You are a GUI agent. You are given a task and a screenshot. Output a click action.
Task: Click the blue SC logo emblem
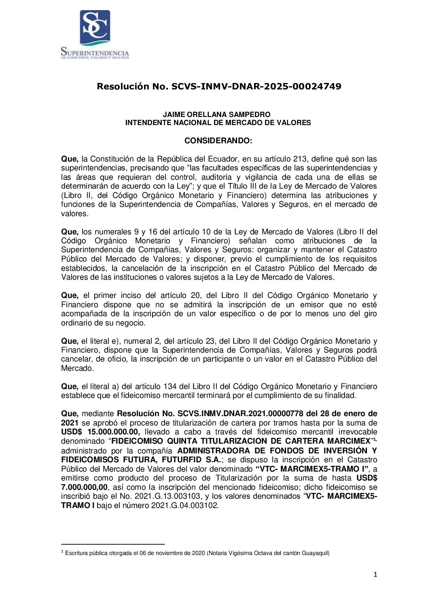pyautogui.click(x=95, y=27)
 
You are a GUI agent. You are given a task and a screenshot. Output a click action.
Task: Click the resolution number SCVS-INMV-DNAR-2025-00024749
pyautogui.click(x=256, y=86)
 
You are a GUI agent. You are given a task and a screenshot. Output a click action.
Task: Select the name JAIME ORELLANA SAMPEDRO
pyautogui.click(x=216, y=115)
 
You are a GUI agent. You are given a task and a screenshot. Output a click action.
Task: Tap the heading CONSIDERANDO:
pyautogui.click(x=218, y=141)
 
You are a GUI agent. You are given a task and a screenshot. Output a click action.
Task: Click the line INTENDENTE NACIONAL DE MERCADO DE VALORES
pyautogui.click(x=218, y=123)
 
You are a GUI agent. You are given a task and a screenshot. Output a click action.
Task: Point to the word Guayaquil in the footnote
pyautogui.click(x=315, y=553)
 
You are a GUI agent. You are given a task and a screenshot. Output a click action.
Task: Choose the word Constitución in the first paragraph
pyautogui.click(x=110, y=159)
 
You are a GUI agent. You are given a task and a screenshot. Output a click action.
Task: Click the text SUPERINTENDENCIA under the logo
pyautogui.click(x=95, y=53)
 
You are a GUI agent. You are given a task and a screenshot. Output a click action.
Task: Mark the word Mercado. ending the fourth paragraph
pyautogui.click(x=77, y=368)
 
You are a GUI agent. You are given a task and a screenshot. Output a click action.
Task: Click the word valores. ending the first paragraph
pyautogui.click(x=74, y=214)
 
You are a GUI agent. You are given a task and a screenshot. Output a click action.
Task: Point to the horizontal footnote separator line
pyautogui.click(x=113, y=544)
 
